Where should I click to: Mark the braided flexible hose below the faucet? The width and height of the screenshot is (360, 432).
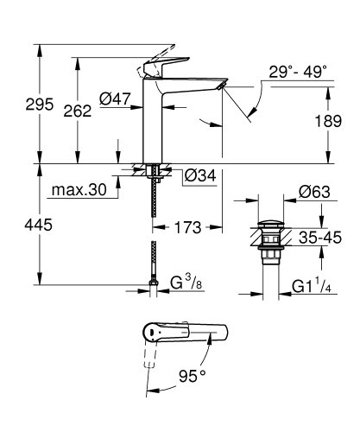pyautogui.click(x=155, y=233)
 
